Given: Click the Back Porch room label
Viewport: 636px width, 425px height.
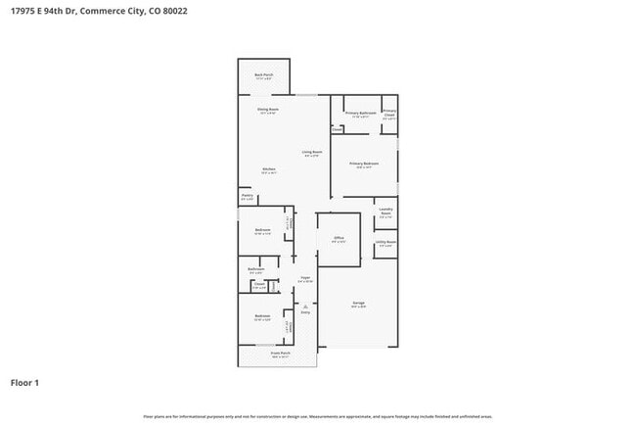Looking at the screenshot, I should pos(263,74).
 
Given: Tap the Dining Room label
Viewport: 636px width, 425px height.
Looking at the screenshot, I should pos(268,109).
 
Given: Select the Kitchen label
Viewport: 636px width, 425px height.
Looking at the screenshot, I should pos(268,169).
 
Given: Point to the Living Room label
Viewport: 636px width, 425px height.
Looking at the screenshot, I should pos(312,152).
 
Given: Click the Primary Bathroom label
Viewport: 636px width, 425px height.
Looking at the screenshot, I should pos(361,114).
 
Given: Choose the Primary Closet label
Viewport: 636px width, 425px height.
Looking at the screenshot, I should pos(389,114).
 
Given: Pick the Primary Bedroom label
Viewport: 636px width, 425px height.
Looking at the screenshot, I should pos(364,164).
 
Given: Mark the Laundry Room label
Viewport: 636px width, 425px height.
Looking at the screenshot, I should pos(386,211).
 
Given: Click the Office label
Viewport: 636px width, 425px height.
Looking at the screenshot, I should pos(339,238).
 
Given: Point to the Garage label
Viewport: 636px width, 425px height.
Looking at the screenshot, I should pos(359,304).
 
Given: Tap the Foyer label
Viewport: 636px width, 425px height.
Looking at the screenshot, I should pos(305,279).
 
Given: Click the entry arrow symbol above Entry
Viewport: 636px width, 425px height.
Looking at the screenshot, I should pos(305,307).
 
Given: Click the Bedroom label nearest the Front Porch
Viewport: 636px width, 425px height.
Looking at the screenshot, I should pos(262,316).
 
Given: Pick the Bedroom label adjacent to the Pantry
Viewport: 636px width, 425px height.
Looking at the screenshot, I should pos(262,230).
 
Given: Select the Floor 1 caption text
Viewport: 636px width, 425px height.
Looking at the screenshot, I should pos(25,382).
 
